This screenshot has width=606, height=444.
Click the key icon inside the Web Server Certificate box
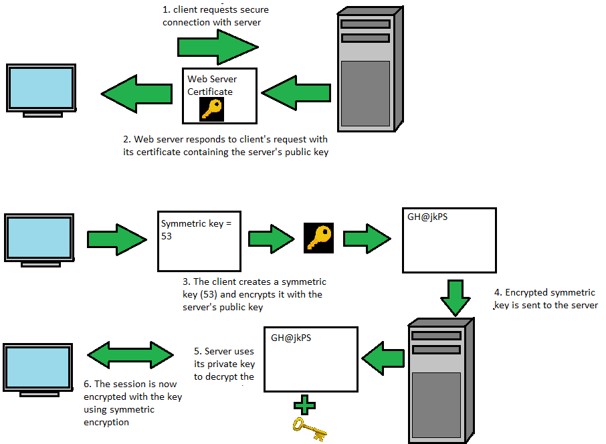pyautogui.click(x=212, y=109)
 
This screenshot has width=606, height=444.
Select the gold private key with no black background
pyautogui.click(x=308, y=428)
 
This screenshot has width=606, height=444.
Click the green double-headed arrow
pyautogui.click(x=130, y=355)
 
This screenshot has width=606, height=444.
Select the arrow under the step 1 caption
pyautogui.click(x=217, y=47)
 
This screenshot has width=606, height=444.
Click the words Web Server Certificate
pyautogui.click(x=211, y=85)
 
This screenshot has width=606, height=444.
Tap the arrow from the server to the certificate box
pyautogui.click(x=296, y=93)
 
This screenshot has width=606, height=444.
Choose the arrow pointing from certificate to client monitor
pyautogui.click(x=136, y=93)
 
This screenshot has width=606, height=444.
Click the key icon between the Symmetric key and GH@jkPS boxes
pyautogui.click(x=319, y=237)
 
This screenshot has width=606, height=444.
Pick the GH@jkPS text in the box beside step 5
pyautogui.click(x=291, y=338)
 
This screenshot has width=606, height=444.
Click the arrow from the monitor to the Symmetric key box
pyautogui.click(x=116, y=238)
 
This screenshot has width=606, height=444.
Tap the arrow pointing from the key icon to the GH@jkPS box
pyautogui.click(x=367, y=238)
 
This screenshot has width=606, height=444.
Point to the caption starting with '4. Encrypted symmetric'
pyautogui.click(x=544, y=299)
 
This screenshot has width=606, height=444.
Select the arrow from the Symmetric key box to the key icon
pyautogui.click(x=272, y=238)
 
